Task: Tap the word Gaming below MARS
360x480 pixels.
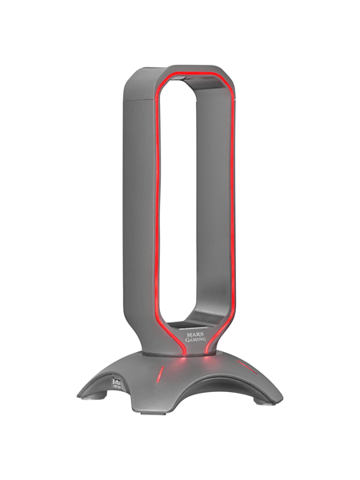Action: point(186,336)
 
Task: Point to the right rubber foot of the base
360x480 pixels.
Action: point(269,407)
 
